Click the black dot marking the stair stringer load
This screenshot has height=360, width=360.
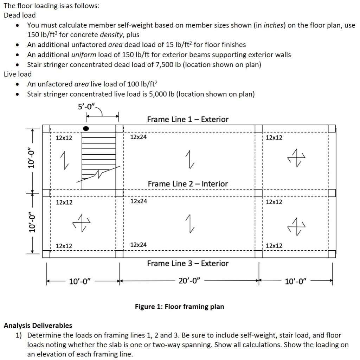pos(85,129)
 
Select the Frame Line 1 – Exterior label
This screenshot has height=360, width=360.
pos(187,120)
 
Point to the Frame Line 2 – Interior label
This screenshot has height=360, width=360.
pos(187,184)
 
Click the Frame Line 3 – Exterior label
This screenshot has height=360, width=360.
pos(187,263)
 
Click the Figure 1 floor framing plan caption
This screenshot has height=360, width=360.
pos(179,307)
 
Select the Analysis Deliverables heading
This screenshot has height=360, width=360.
pos(38,326)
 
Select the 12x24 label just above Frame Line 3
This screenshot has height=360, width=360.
pos(139,245)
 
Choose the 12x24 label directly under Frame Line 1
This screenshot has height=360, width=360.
pos(139,137)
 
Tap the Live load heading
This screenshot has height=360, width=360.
pos(18,74)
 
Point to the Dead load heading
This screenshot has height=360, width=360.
pos(20,15)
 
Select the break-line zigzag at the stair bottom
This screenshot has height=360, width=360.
pos(100,173)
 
